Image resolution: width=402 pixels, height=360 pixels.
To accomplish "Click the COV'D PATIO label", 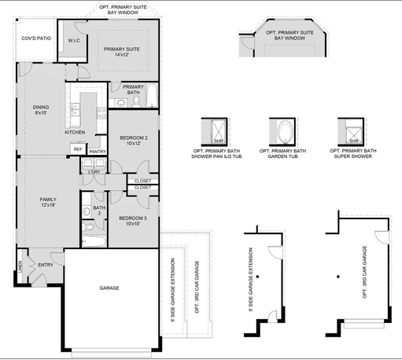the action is [x=36, y=39].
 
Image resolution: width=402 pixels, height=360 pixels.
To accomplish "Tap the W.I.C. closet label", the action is [x=75, y=41].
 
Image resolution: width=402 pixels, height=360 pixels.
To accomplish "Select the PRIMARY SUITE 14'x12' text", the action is [x=122, y=52].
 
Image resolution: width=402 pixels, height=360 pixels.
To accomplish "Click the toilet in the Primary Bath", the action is [x=136, y=101].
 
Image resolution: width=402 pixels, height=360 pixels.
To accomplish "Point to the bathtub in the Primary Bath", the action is [x=152, y=95].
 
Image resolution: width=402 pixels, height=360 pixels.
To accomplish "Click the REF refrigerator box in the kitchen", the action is [x=78, y=149].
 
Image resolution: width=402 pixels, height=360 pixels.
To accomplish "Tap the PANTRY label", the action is [x=98, y=152].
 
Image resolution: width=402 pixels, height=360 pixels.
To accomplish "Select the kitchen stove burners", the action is [x=102, y=113].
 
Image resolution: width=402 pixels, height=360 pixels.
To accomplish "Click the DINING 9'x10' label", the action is [x=41, y=110].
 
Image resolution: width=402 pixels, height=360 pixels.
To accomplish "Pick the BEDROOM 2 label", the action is [x=134, y=138].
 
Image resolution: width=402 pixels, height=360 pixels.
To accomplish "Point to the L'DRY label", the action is [x=94, y=172].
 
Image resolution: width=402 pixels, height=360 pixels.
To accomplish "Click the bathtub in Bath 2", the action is [x=94, y=241].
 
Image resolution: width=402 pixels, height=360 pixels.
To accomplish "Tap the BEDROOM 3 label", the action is [x=133, y=219].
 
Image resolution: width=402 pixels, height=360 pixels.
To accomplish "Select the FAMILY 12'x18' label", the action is [x=48, y=202].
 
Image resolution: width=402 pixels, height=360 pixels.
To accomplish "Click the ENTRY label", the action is [x=46, y=265].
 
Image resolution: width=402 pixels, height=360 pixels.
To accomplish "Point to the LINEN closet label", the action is [x=20, y=266].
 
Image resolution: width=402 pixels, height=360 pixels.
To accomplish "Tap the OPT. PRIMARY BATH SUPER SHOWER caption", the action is [x=353, y=153].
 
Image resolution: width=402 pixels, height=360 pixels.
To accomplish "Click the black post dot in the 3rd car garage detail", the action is [x=338, y=277].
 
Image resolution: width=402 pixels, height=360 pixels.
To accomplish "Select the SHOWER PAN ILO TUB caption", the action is [x=216, y=156].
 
